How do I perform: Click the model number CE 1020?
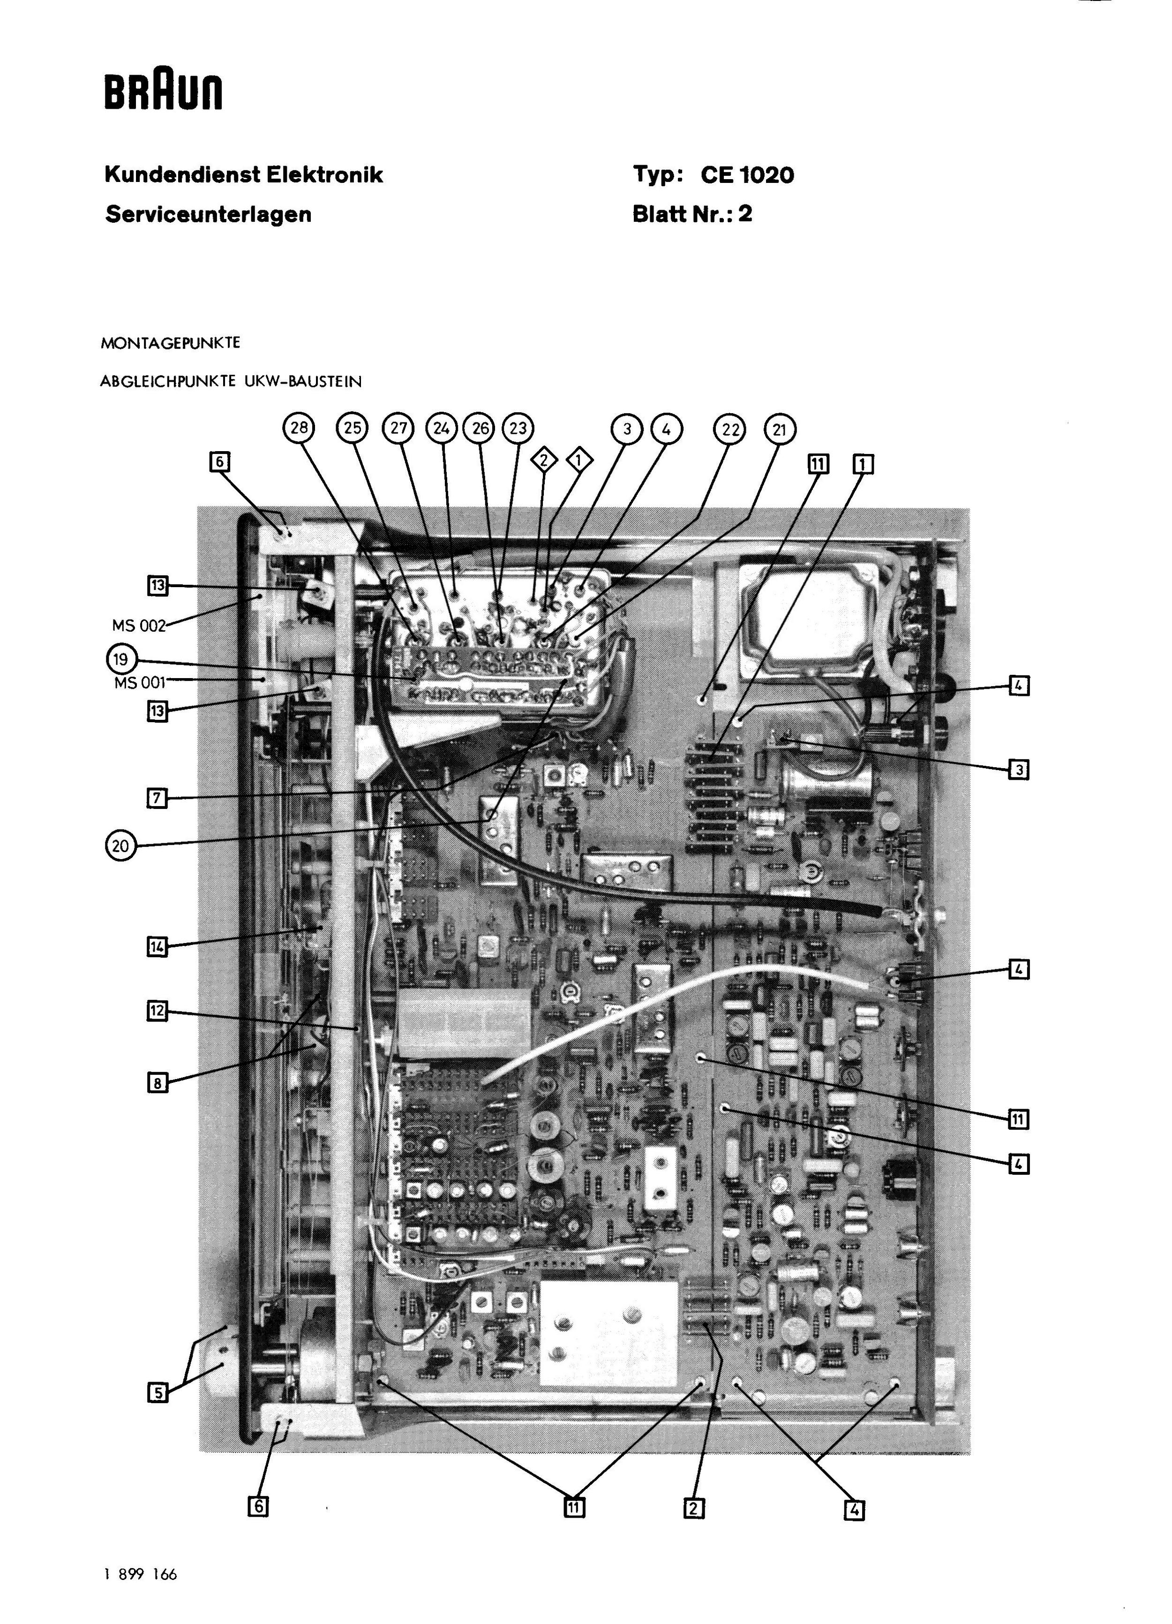747,175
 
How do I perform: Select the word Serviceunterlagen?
208,214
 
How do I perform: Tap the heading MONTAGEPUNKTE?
170,343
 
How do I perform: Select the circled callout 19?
120,659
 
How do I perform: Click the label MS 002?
139,626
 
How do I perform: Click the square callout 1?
863,465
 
